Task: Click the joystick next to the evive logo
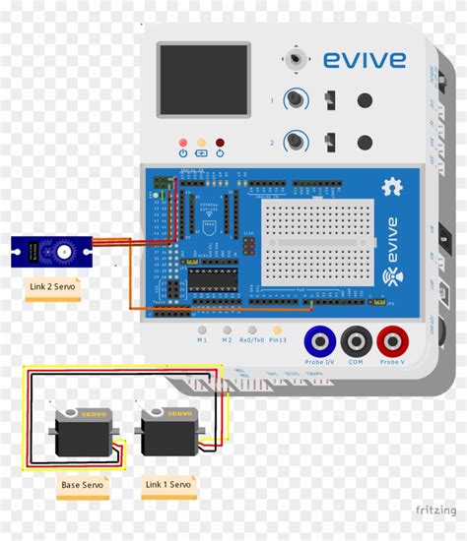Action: pos(295,60)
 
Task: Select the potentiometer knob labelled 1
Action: pos(294,99)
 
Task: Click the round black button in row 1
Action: pos(366,99)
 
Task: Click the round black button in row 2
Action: pos(366,142)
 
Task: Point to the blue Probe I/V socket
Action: pos(318,341)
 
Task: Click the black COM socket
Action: pos(355,341)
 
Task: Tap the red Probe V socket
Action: pos(391,341)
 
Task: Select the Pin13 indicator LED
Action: pos(277,331)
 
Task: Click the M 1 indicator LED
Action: pos(201,331)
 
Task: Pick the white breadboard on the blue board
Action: pos(317,241)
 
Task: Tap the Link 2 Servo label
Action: pos(51,288)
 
